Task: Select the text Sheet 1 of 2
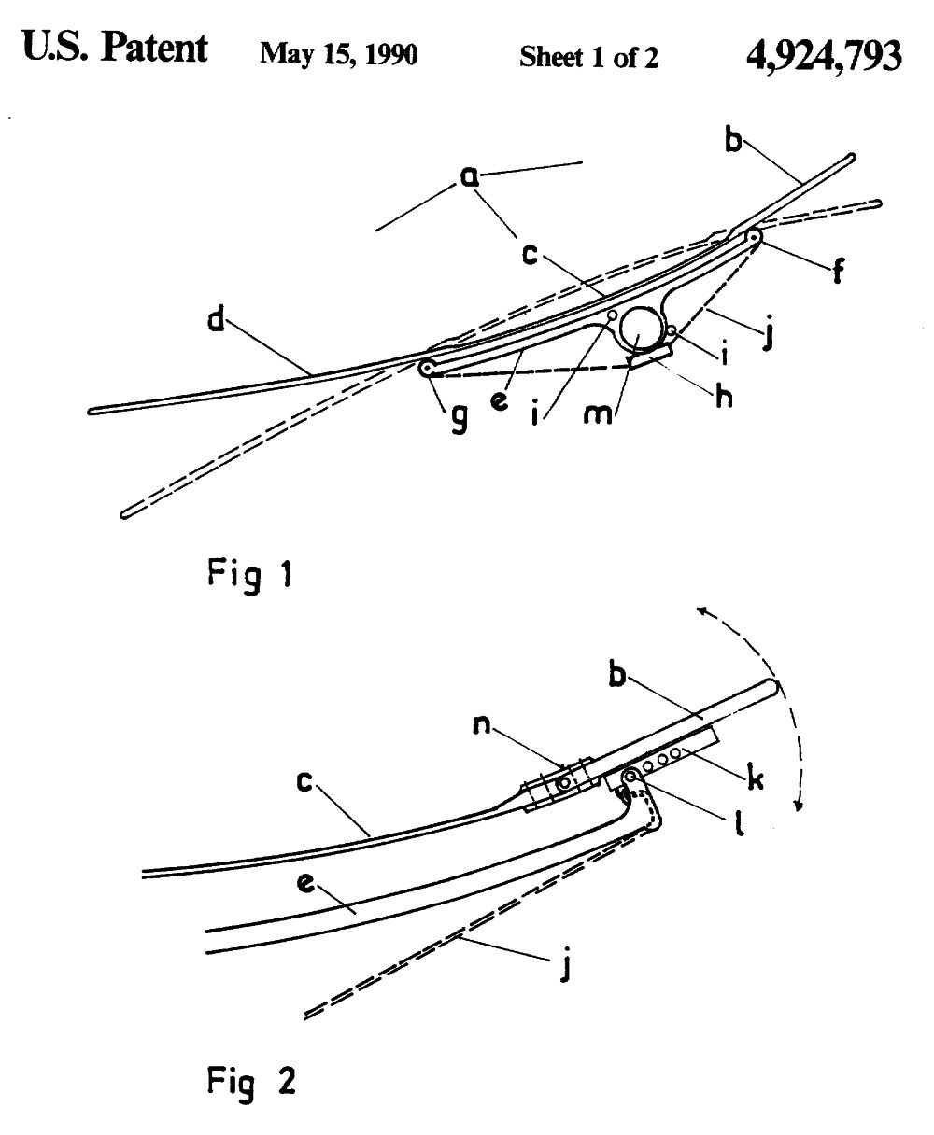coord(588,57)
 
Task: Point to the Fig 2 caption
coord(250,1080)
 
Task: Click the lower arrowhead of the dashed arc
coord(796,809)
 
